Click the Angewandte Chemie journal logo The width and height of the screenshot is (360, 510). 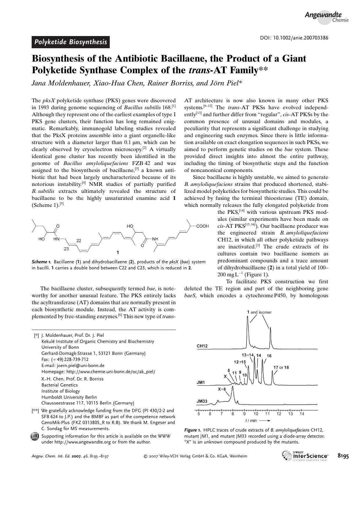pos(326,17)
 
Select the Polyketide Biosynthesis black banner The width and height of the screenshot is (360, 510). pos(71,42)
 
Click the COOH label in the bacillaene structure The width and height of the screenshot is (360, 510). pos(202,226)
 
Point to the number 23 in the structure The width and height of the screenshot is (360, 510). pos(66,249)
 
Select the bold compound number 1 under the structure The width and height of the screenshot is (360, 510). pos(118,252)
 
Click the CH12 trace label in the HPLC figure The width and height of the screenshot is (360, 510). pos(202,346)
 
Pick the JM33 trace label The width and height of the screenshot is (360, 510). pos(202,401)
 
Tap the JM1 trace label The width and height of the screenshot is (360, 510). pos(201,382)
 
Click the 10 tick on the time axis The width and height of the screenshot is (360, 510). pos(256,414)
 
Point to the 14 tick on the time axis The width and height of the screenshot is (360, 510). pos(302,414)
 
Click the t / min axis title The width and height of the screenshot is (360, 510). pos(251,420)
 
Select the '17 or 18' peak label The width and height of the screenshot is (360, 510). pos(281,367)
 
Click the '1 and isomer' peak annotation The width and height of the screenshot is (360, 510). pos(259,312)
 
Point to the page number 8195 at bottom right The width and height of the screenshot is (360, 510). pos(343,456)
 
